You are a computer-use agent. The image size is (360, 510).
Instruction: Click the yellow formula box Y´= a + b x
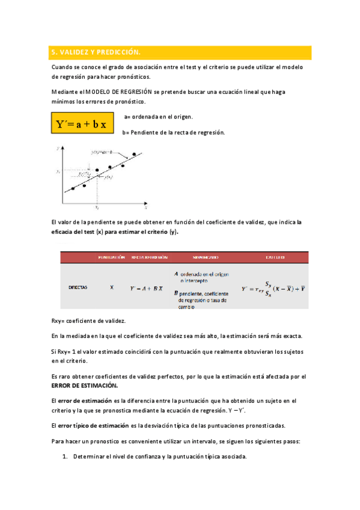click(81, 124)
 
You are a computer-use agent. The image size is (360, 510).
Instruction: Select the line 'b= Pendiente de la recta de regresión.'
click(173, 132)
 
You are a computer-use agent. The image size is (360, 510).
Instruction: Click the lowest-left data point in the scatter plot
click(73, 188)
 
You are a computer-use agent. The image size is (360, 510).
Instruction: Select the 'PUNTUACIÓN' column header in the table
click(111, 257)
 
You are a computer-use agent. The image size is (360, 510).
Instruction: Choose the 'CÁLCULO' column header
click(275, 257)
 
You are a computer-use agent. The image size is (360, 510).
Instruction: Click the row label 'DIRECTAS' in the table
click(78, 287)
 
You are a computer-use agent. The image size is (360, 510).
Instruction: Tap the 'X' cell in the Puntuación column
click(112, 287)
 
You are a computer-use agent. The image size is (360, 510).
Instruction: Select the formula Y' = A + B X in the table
click(147, 288)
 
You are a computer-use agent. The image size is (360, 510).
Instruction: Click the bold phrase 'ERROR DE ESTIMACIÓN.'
click(85, 386)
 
